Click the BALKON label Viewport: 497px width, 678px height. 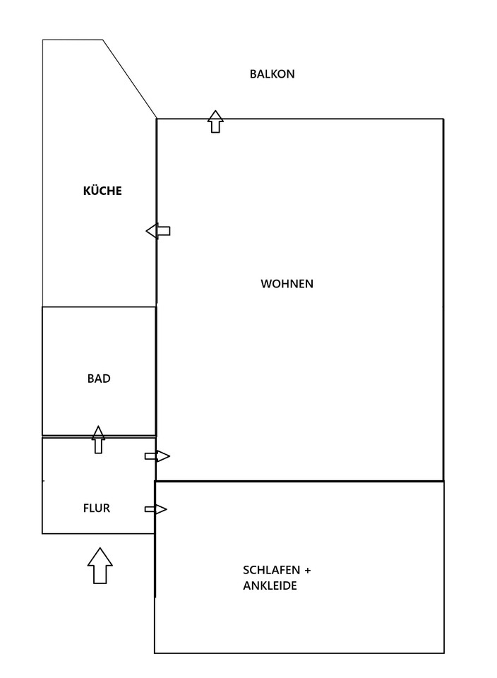272,73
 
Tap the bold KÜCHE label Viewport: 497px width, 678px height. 102,191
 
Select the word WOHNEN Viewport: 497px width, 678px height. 287,284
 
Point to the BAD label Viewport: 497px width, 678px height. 99,379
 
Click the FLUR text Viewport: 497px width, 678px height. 97,508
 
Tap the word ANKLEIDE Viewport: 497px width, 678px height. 270,585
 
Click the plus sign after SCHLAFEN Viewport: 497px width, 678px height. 307,570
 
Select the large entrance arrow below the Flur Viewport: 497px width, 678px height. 100,565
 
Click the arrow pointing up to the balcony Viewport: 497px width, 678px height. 215,121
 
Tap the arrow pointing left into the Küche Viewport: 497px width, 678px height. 158,230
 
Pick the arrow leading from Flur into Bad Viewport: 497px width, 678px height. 98,439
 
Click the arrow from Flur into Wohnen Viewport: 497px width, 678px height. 157,456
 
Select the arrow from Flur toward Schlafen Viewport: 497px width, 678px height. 156,509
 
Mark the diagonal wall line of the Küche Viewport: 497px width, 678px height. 130,78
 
